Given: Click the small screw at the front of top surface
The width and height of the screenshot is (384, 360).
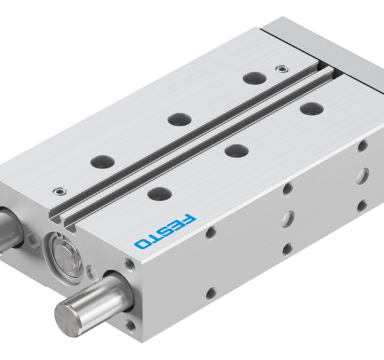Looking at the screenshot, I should [x=59, y=190].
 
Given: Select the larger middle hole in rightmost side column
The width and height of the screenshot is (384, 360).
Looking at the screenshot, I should [x=362, y=174].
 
